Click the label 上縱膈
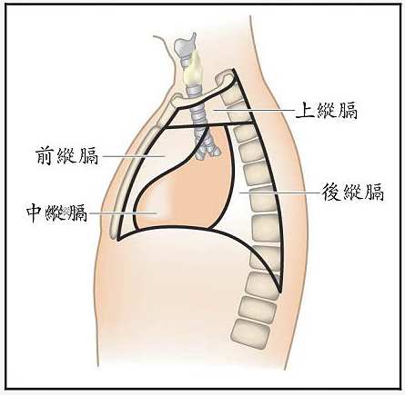point(327,110)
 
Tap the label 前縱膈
point(67,155)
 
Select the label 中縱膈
point(56,213)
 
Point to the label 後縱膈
point(353,192)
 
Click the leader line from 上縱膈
point(253,111)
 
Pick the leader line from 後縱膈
point(279,193)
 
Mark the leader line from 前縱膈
point(134,156)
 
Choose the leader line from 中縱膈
point(123,213)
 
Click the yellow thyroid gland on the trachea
point(192,70)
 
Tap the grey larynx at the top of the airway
point(184,48)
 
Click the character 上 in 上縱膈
point(305,110)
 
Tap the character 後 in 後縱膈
point(331,192)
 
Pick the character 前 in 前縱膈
point(46,155)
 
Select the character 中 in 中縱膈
point(35,213)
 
